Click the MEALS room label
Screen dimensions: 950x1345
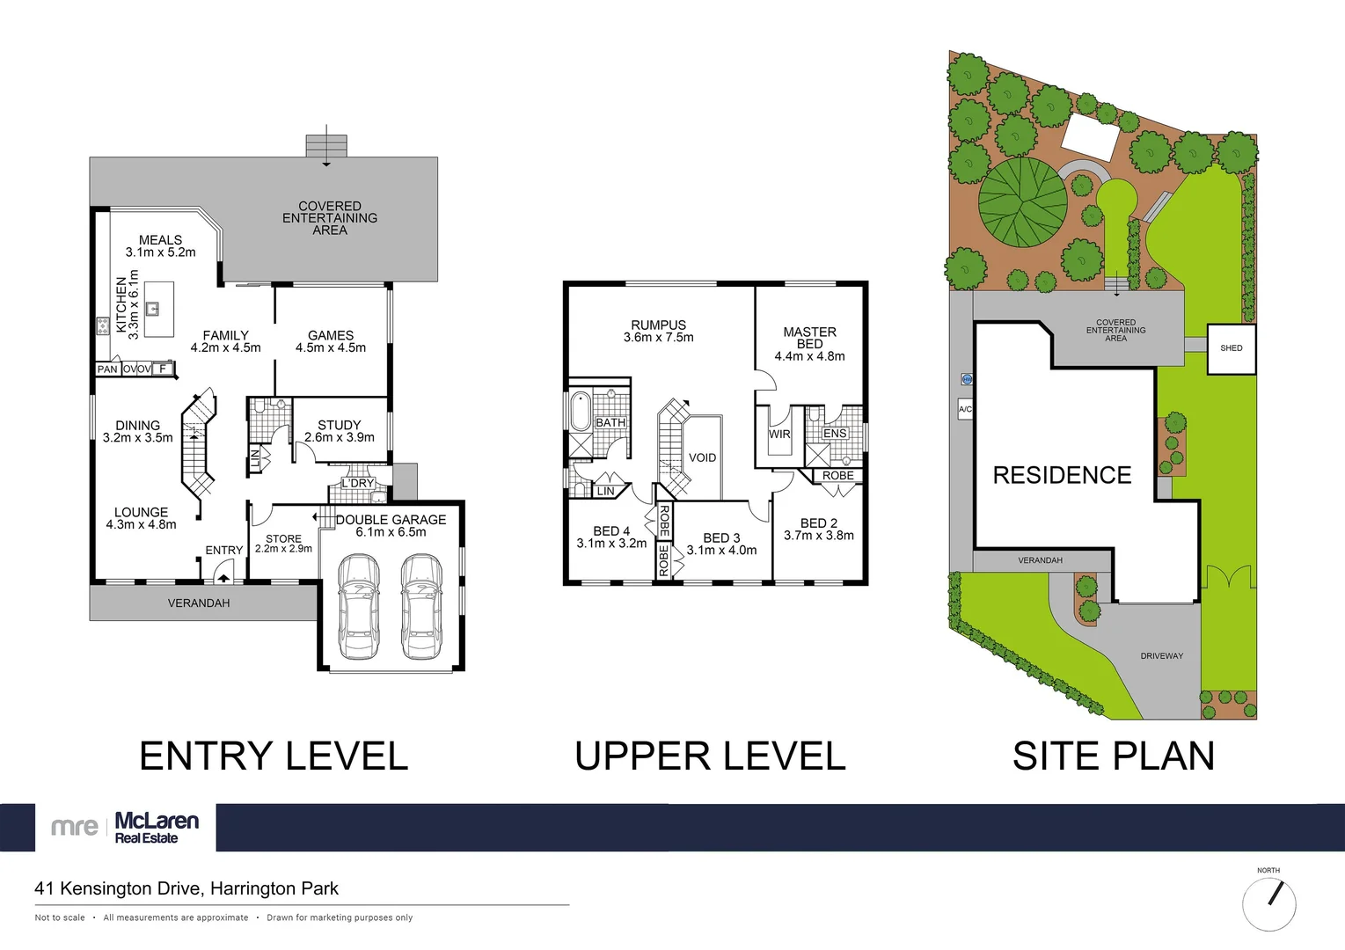pos(160,240)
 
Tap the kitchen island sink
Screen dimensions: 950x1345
pos(152,309)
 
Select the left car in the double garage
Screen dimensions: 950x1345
pos(358,606)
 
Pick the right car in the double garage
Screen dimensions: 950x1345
pos(420,606)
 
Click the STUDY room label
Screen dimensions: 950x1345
pos(339,425)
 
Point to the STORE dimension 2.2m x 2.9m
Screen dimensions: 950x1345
pos(283,549)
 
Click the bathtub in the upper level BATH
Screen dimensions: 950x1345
pos(581,412)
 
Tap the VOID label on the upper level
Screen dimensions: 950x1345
pos(702,457)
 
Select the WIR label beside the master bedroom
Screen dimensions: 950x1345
pos(779,435)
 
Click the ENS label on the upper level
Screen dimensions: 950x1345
pos(835,434)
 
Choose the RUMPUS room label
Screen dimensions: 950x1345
pos(658,325)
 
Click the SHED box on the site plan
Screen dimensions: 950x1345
pos(1231,348)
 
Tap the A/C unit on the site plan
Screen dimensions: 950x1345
pos(965,409)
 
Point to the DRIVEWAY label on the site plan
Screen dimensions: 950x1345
pos(1161,656)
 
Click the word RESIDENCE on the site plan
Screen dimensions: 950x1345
pos(1062,476)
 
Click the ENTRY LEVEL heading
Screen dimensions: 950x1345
pos(274,756)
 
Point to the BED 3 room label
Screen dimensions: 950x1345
pos(721,537)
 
